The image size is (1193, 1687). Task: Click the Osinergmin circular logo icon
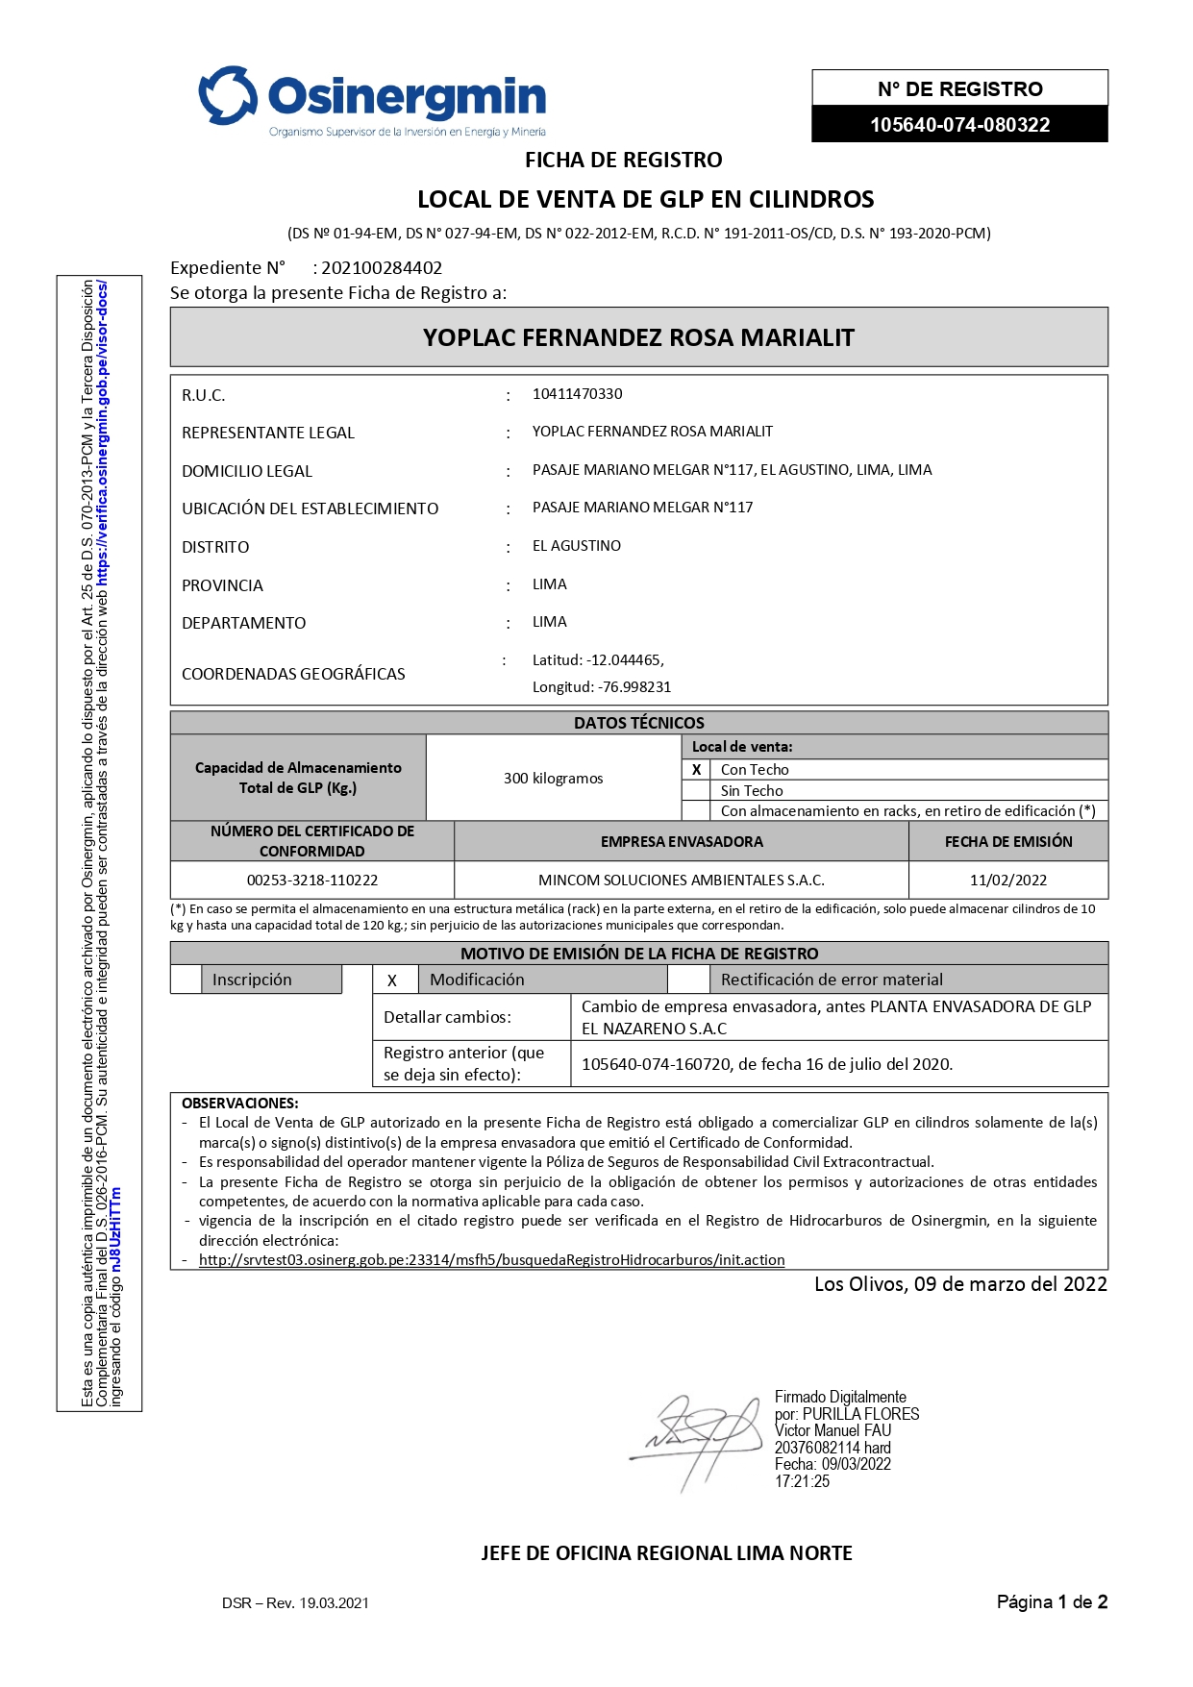[228, 95]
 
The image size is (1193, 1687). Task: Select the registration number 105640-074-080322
[959, 125]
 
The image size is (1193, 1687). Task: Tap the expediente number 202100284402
[382, 268]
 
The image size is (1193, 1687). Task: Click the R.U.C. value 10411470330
[577, 394]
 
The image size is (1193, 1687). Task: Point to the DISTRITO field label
[215, 547]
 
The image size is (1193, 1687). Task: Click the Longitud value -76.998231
[634, 687]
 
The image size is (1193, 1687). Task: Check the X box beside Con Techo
[696, 770]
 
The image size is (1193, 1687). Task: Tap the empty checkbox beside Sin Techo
[696, 790]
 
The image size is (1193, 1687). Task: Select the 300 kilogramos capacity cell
[553, 779]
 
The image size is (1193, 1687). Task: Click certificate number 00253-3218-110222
[312, 881]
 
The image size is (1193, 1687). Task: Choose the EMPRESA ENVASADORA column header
[682, 842]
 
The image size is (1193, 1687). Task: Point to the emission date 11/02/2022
[1008, 881]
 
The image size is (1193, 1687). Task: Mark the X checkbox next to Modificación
[392, 980]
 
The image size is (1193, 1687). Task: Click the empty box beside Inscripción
[186, 980]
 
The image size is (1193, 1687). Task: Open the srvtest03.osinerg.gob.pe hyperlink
[491, 1260]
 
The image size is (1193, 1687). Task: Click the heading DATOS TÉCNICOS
[638, 723]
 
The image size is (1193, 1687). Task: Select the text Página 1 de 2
[1052, 1602]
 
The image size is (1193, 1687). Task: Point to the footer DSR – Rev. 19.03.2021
[295, 1603]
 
